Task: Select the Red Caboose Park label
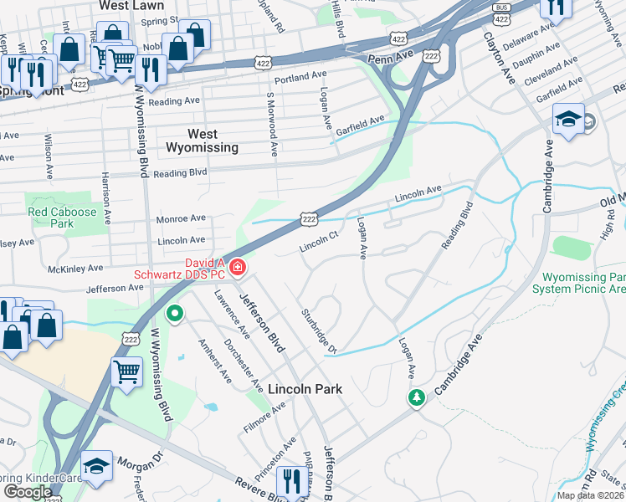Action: (62, 218)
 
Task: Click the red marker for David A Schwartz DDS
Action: (239, 268)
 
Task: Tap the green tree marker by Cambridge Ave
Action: (416, 397)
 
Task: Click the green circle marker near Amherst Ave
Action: (175, 315)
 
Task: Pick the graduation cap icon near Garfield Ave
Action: (568, 120)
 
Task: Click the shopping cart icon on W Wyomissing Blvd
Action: (126, 370)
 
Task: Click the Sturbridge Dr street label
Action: (318, 330)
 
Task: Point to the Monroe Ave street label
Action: (181, 218)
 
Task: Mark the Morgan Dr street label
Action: (139, 463)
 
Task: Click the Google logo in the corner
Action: (28, 492)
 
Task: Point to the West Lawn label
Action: (131, 5)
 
